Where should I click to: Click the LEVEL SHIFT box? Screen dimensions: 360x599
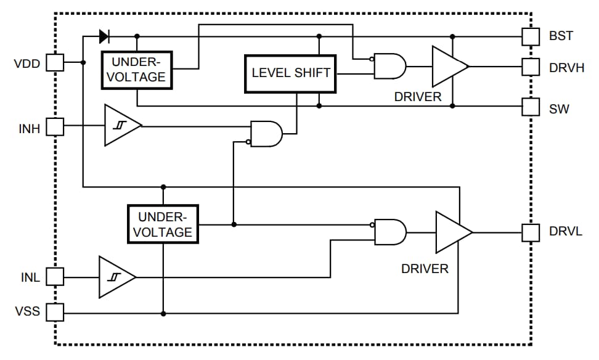click(291, 73)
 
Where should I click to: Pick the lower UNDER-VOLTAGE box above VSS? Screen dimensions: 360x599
click(163, 224)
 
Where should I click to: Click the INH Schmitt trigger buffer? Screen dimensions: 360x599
click(121, 126)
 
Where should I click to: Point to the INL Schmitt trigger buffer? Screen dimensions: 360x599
click(115, 277)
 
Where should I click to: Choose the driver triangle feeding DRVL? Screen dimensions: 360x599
click(452, 232)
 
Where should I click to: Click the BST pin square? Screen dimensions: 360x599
click(531, 36)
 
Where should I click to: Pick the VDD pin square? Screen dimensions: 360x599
click(55, 62)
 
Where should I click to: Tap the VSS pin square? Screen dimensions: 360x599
click(55, 312)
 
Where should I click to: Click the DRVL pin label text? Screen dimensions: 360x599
click(565, 232)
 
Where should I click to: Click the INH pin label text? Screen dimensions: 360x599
click(29, 129)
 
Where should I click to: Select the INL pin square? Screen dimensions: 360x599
click(55, 277)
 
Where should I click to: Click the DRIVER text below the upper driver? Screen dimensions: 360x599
click(418, 97)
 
